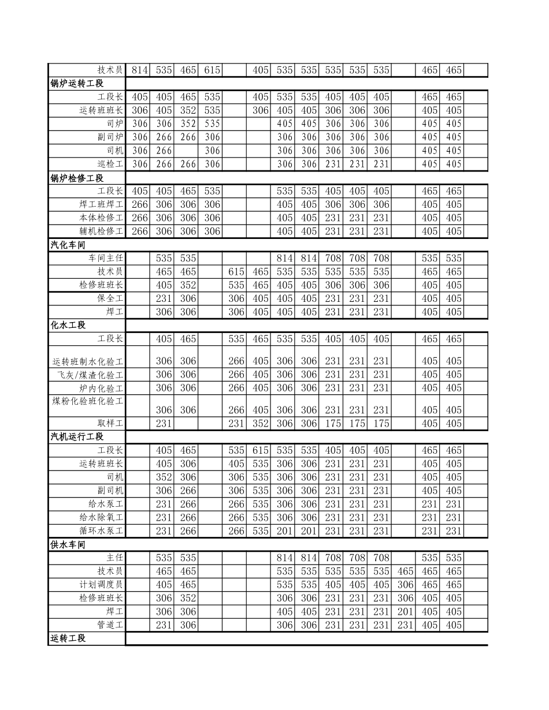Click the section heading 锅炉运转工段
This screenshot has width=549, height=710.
77,84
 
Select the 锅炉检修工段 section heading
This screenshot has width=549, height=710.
77,178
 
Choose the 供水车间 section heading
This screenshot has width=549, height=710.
68,544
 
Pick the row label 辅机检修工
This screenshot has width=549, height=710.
101,231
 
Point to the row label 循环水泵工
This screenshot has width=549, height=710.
101,530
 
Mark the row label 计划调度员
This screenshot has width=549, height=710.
101,585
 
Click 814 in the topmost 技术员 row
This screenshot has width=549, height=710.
140,70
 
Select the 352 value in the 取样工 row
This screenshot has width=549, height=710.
261,423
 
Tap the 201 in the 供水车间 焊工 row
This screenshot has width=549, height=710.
406,612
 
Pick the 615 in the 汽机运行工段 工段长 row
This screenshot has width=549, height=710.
261,450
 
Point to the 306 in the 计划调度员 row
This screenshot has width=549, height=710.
406,585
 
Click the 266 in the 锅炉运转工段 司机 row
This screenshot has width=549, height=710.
164,151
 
